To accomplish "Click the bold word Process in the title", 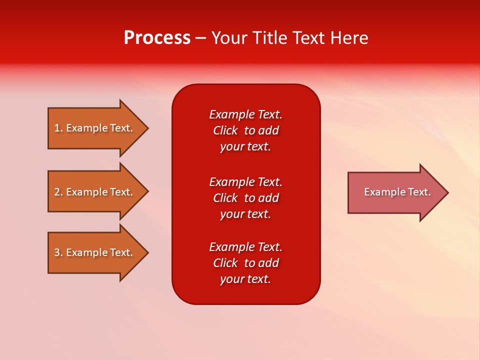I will (157, 38).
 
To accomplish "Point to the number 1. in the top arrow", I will (58, 128).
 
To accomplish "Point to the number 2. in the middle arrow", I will (58, 192).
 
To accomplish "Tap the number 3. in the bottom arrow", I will (58, 252).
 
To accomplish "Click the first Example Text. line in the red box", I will (245, 114).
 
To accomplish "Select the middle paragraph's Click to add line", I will (245, 198).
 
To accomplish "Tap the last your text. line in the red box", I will (245, 279).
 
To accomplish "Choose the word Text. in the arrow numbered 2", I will (121, 192).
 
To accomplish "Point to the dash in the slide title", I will (200, 38).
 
